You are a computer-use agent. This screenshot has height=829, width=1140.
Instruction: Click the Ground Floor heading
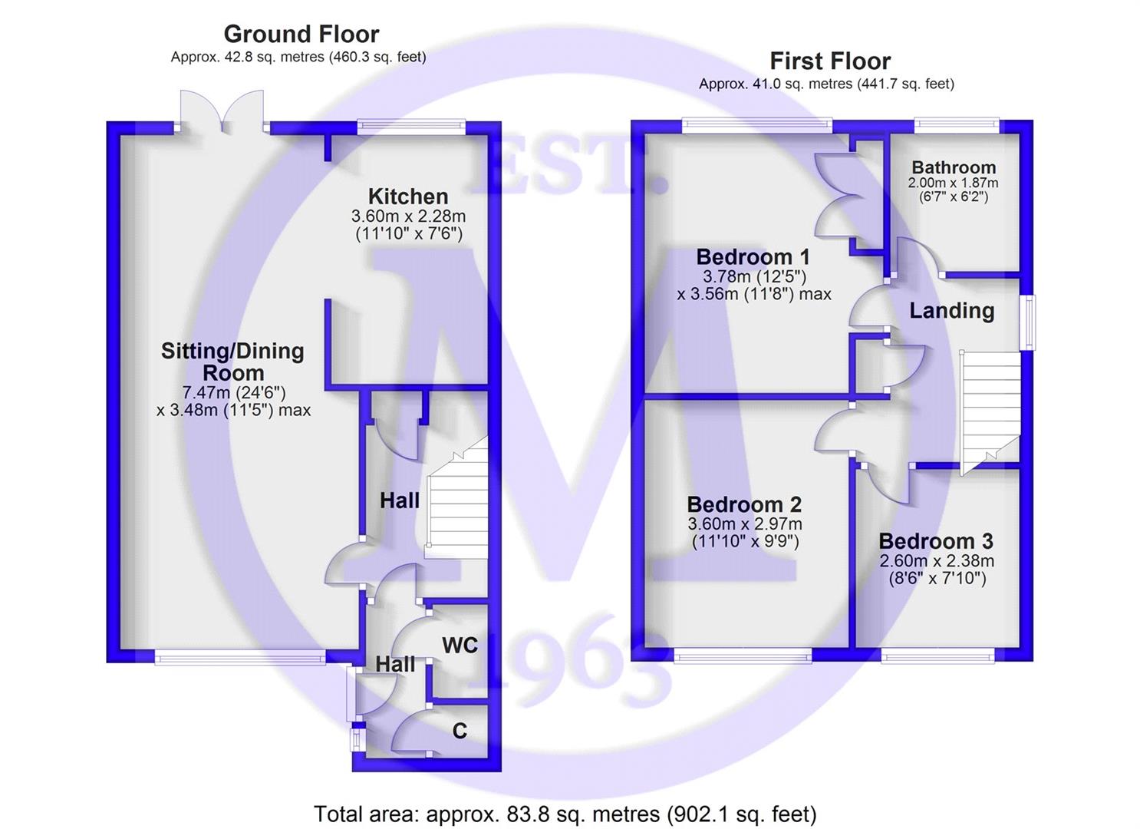(301, 35)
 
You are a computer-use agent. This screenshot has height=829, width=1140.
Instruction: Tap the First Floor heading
(830, 61)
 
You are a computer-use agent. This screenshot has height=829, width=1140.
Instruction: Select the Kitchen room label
(408, 197)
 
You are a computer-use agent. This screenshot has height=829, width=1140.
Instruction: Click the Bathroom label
(954, 167)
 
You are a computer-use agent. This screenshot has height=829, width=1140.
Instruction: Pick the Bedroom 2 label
(744, 504)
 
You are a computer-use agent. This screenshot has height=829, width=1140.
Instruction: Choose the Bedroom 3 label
(936, 541)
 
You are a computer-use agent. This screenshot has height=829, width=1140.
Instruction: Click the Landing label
(952, 311)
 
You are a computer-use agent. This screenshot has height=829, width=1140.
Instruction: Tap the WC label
(460, 646)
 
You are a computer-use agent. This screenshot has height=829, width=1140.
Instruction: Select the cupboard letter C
(460, 731)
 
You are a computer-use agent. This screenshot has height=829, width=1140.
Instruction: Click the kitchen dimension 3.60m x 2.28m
(408, 216)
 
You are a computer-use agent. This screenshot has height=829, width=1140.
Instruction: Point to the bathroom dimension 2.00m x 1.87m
(954, 183)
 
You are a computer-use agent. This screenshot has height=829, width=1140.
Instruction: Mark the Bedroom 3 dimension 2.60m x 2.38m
(937, 561)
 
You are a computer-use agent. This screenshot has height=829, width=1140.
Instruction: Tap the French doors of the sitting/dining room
(222, 112)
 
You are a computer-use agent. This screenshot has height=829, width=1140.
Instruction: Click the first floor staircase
(990, 412)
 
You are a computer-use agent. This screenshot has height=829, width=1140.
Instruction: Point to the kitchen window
(411, 127)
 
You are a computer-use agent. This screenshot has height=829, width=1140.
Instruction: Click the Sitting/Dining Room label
(232, 362)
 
